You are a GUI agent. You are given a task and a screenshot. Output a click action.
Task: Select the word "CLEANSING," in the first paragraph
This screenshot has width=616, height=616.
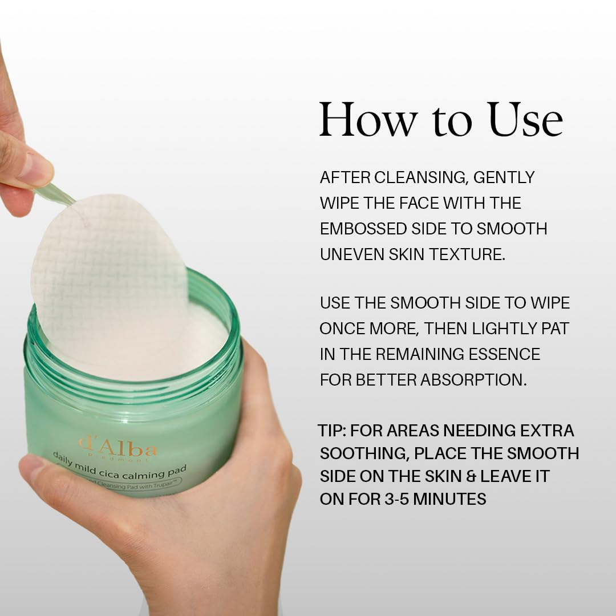421,177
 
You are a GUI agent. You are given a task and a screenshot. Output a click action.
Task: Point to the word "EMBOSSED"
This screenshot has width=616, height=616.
363,229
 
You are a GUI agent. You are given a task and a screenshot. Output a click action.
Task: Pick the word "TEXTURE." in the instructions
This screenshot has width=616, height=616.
467,254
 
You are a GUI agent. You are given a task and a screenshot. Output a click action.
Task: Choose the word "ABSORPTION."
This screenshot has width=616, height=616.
474,380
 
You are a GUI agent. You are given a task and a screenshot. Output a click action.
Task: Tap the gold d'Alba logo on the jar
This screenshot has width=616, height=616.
118,447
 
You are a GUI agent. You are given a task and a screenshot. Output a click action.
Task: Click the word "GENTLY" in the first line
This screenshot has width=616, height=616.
504,177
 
